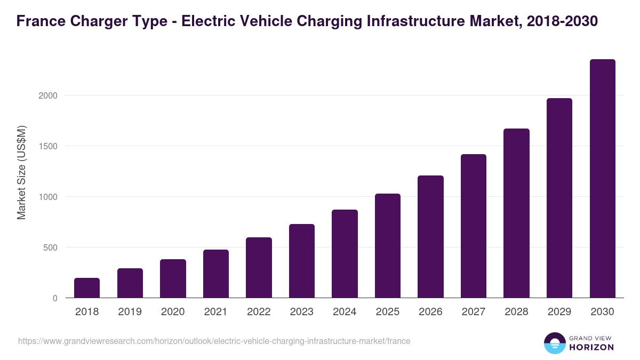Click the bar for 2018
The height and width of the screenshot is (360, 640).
tap(87, 288)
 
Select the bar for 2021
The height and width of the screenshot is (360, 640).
tap(216, 274)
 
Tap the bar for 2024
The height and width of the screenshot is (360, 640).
tap(345, 254)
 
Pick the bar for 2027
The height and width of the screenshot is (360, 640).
tap(474, 226)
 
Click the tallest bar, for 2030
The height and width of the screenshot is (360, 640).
tap(603, 179)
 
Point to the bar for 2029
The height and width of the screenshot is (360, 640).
tap(559, 198)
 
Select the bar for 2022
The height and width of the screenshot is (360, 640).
tap(259, 268)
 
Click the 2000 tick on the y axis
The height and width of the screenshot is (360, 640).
tap(47, 95)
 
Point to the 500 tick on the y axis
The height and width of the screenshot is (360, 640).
tap(50, 247)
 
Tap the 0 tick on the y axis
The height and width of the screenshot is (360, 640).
tap(55, 298)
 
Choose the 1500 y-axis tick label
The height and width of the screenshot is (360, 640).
tap(47, 146)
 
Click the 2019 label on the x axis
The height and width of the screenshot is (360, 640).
tap(130, 312)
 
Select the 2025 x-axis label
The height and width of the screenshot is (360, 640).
tap(388, 312)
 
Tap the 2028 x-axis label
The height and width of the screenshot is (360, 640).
tap(516, 312)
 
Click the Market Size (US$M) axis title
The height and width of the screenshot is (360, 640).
tap(21, 173)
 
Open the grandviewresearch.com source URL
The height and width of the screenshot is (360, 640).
tap(214, 341)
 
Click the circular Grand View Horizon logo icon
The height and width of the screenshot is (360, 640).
tap(555, 343)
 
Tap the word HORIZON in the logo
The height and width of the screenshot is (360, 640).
tap(592, 347)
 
